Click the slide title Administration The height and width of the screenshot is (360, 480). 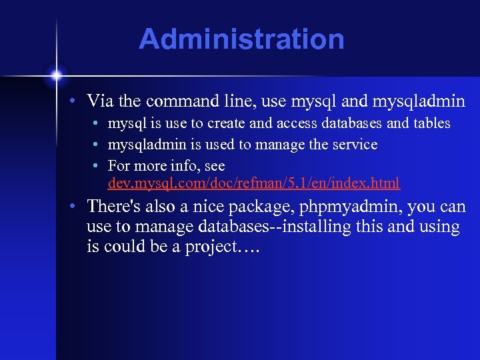241,39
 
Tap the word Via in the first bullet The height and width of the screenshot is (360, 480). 99,101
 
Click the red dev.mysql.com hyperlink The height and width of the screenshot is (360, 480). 254,182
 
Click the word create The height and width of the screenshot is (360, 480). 225,123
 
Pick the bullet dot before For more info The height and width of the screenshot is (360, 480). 97,166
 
